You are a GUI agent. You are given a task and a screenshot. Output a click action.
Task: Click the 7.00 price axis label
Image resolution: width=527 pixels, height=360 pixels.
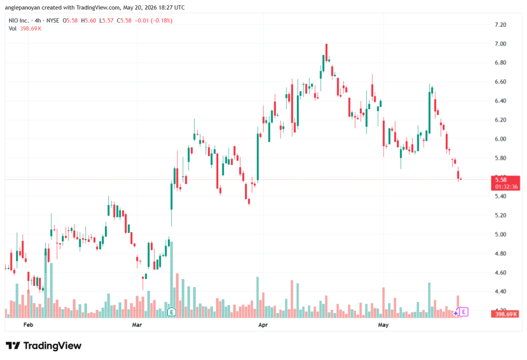tap(500, 44)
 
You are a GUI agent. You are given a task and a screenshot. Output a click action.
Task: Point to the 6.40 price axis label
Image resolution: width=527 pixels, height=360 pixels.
tap(500, 101)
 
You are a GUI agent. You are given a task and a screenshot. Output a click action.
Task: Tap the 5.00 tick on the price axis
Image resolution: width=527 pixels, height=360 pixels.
tap(500, 234)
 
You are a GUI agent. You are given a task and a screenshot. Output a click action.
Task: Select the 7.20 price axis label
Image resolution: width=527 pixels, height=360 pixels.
tap(500, 25)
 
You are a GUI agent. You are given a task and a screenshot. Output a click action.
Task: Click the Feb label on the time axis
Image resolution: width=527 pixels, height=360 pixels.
tap(28, 324)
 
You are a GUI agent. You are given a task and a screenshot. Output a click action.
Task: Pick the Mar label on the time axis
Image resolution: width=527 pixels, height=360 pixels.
tap(137, 324)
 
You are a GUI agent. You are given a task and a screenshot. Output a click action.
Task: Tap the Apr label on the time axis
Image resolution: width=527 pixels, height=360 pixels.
tap(263, 324)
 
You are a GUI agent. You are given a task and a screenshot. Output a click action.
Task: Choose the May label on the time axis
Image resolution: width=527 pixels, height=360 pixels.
tap(383, 324)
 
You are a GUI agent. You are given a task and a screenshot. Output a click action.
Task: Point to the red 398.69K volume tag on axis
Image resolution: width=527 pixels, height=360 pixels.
tap(505, 314)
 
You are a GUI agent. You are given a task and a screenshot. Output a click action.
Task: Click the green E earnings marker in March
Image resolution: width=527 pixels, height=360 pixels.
tap(171, 312)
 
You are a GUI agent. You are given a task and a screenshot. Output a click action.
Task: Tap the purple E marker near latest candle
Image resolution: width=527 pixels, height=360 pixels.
tap(464, 312)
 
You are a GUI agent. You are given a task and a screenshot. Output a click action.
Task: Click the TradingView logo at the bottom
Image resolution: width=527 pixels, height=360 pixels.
tap(44, 346)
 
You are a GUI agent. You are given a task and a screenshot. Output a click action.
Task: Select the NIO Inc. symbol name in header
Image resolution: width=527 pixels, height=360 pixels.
tap(19, 21)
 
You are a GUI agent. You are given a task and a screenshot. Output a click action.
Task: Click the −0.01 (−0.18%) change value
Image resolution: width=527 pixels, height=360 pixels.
tap(153, 21)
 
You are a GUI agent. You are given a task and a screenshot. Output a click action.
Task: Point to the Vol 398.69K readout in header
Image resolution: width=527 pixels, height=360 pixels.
tap(25, 29)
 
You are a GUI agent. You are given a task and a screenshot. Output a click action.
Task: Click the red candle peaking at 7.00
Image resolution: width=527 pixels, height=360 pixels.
tap(326, 53)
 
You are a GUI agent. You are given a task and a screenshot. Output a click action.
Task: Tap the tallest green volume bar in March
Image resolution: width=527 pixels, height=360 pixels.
tap(172, 280)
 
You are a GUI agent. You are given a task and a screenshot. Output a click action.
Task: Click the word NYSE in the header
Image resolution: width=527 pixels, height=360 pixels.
tap(53, 21)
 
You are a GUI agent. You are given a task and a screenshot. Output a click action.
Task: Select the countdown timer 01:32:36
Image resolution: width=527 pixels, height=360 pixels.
tap(506, 187)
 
